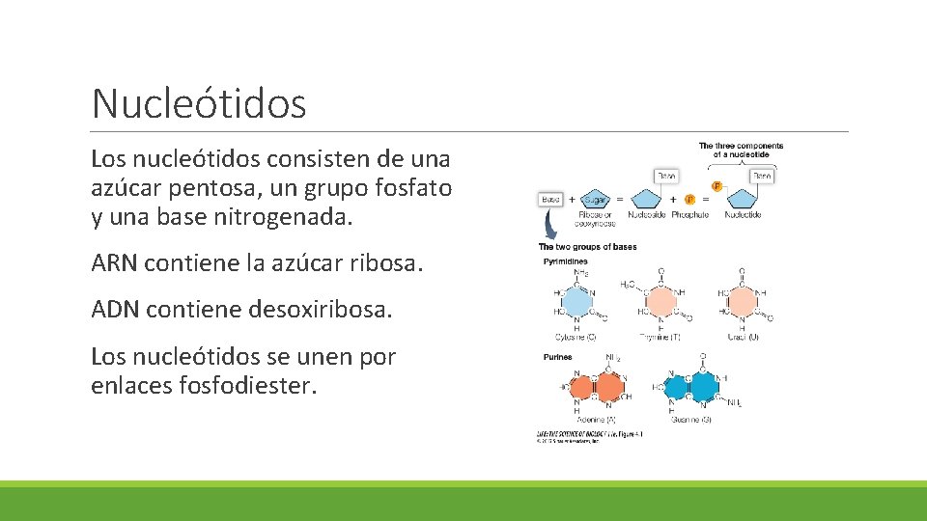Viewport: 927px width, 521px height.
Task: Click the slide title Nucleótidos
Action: pos(199,102)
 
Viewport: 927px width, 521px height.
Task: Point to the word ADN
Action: pos(114,310)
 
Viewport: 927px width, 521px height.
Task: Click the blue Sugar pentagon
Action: pos(596,199)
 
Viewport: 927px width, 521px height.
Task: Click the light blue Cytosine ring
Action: pos(577,302)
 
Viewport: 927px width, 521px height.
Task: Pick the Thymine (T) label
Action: pos(660,336)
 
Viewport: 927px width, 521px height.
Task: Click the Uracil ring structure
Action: pos(742,302)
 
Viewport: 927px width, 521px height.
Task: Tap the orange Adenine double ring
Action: pos(595,387)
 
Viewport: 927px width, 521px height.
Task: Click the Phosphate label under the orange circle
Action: pos(690,214)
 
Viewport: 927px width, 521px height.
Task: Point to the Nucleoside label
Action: pos(647,214)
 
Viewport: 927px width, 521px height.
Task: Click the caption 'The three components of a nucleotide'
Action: pos(741,151)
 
